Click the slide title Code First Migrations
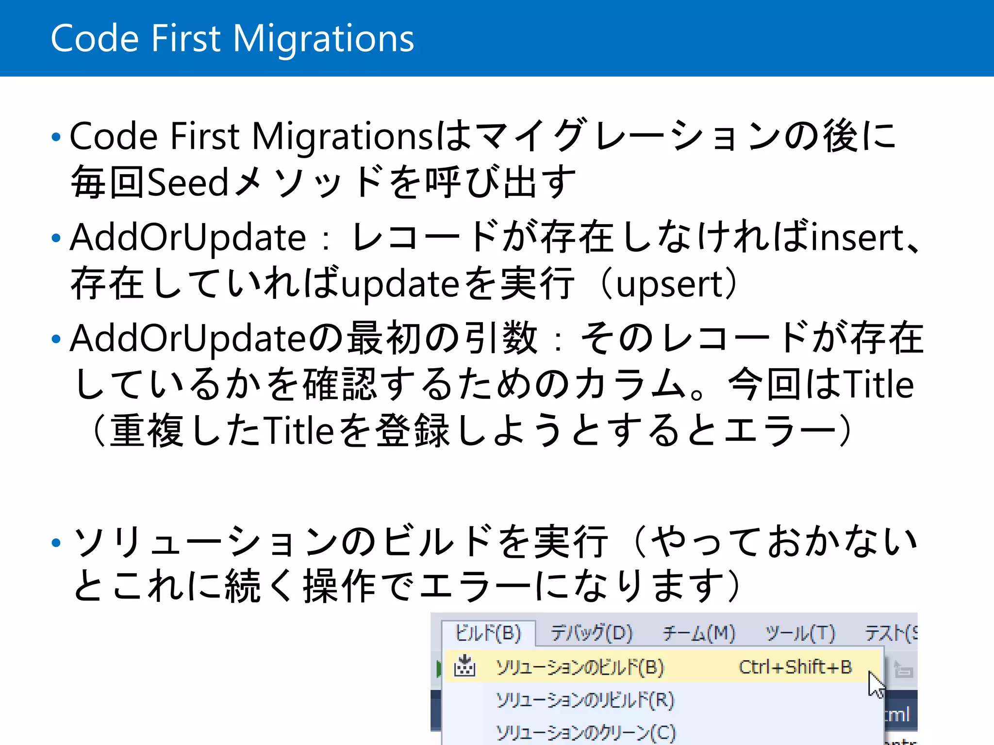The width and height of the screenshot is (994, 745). click(x=232, y=39)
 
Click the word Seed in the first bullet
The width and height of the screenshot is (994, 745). click(x=187, y=182)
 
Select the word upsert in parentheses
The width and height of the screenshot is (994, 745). click(x=670, y=284)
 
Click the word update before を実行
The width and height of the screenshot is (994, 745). click(x=400, y=284)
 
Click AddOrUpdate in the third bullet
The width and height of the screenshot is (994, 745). click(x=188, y=338)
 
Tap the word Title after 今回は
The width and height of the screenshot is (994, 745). click(x=878, y=385)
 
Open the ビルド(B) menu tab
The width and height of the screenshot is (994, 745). click(x=488, y=633)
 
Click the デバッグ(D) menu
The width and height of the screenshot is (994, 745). click(x=592, y=633)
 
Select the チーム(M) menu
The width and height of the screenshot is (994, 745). click(x=699, y=633)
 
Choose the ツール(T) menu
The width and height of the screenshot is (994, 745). click(x=800, y=633)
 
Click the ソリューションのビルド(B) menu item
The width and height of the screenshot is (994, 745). click(x=580, y=667)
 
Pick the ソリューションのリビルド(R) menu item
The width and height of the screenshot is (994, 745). click(x=585, y=700)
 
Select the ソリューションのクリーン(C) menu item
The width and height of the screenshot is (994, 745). click(x=585, y=732)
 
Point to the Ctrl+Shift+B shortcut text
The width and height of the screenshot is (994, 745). click(x=795, y=667)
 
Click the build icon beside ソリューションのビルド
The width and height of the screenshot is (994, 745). click(x=464, y=666)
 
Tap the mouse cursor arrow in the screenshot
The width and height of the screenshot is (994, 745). click(x=876, y=684)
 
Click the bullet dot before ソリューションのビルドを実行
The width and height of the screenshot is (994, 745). click(x=56, y=542)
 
